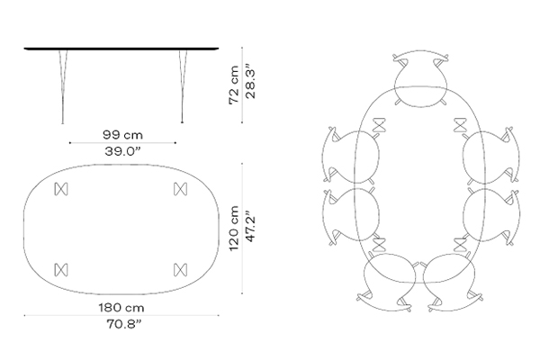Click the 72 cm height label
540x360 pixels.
(x=233, y=85)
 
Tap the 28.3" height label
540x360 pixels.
(x=250, y=84)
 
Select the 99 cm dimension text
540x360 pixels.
(x=122, y=135)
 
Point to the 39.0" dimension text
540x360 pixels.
(x=122, y=151)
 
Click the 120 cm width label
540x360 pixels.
(x=233, y=229)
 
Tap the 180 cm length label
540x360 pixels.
(x=121, y=307)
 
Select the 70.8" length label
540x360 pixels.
(x=123, y=324)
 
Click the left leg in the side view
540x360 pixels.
(x=63, y=86)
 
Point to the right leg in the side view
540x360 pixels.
(x=182, y=86)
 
